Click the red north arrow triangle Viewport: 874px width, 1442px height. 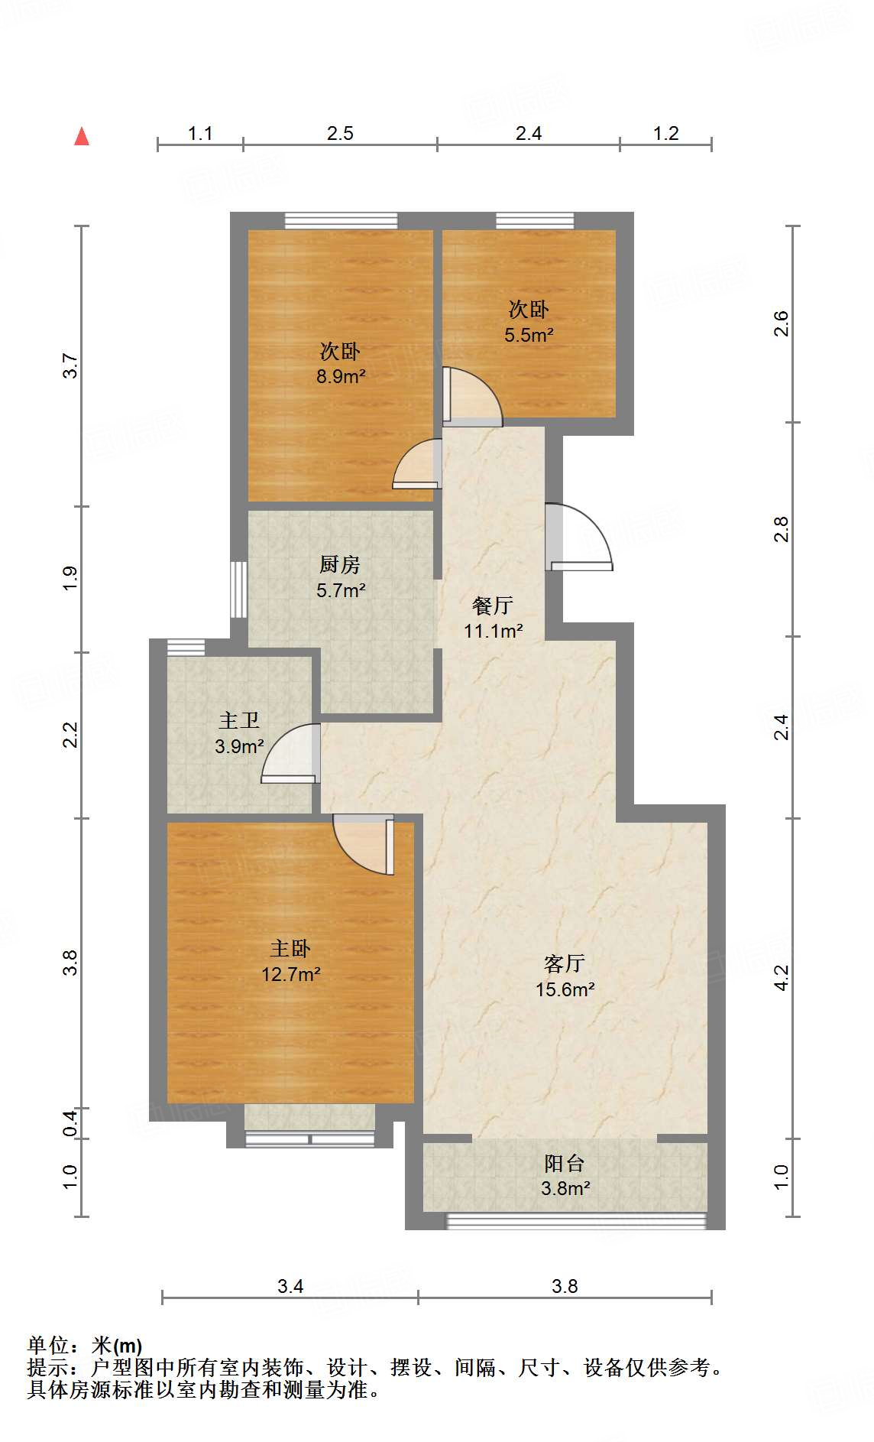82,137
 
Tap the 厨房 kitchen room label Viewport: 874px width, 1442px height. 340,576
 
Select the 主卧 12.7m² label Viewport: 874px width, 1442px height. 290,961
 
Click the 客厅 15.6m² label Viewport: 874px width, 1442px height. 565,976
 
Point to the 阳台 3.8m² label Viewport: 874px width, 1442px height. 565,1175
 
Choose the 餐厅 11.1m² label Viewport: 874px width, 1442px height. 493,618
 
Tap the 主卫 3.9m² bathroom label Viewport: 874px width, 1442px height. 239,732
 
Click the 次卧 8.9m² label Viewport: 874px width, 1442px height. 340,363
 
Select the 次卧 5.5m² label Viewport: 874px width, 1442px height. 528,321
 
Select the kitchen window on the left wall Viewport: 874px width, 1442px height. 239,589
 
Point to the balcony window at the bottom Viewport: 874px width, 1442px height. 576,1220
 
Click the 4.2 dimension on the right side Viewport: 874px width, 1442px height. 781,978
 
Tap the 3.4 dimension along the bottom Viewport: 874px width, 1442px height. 290,1286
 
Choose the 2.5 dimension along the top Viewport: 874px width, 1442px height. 340,134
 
